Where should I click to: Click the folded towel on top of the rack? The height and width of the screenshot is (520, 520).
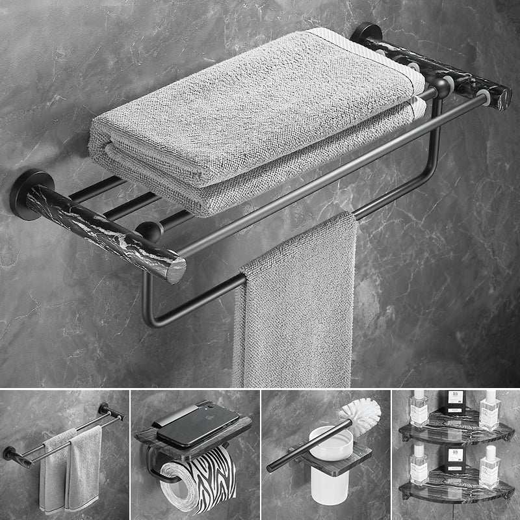(247, 123)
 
